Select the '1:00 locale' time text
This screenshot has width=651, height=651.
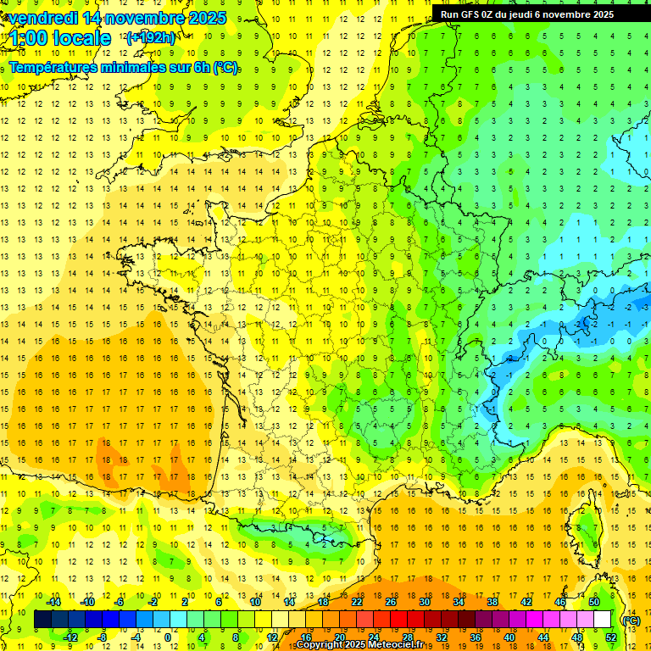(58, 38)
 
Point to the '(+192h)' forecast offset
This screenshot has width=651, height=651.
(150, 38)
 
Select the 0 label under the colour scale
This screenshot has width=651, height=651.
(168, 637)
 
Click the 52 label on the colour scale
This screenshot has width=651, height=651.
(610, 637)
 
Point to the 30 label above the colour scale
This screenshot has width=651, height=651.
(424, 602)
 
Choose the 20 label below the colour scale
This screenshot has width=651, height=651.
(339, 637)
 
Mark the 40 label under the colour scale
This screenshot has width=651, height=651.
(509, 637)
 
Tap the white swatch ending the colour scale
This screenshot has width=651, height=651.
(602, 620)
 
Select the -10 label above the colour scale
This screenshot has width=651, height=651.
(86, 602)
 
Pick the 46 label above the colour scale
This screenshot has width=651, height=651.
(559, 602)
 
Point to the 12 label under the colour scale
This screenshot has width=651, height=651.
(271, 637)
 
